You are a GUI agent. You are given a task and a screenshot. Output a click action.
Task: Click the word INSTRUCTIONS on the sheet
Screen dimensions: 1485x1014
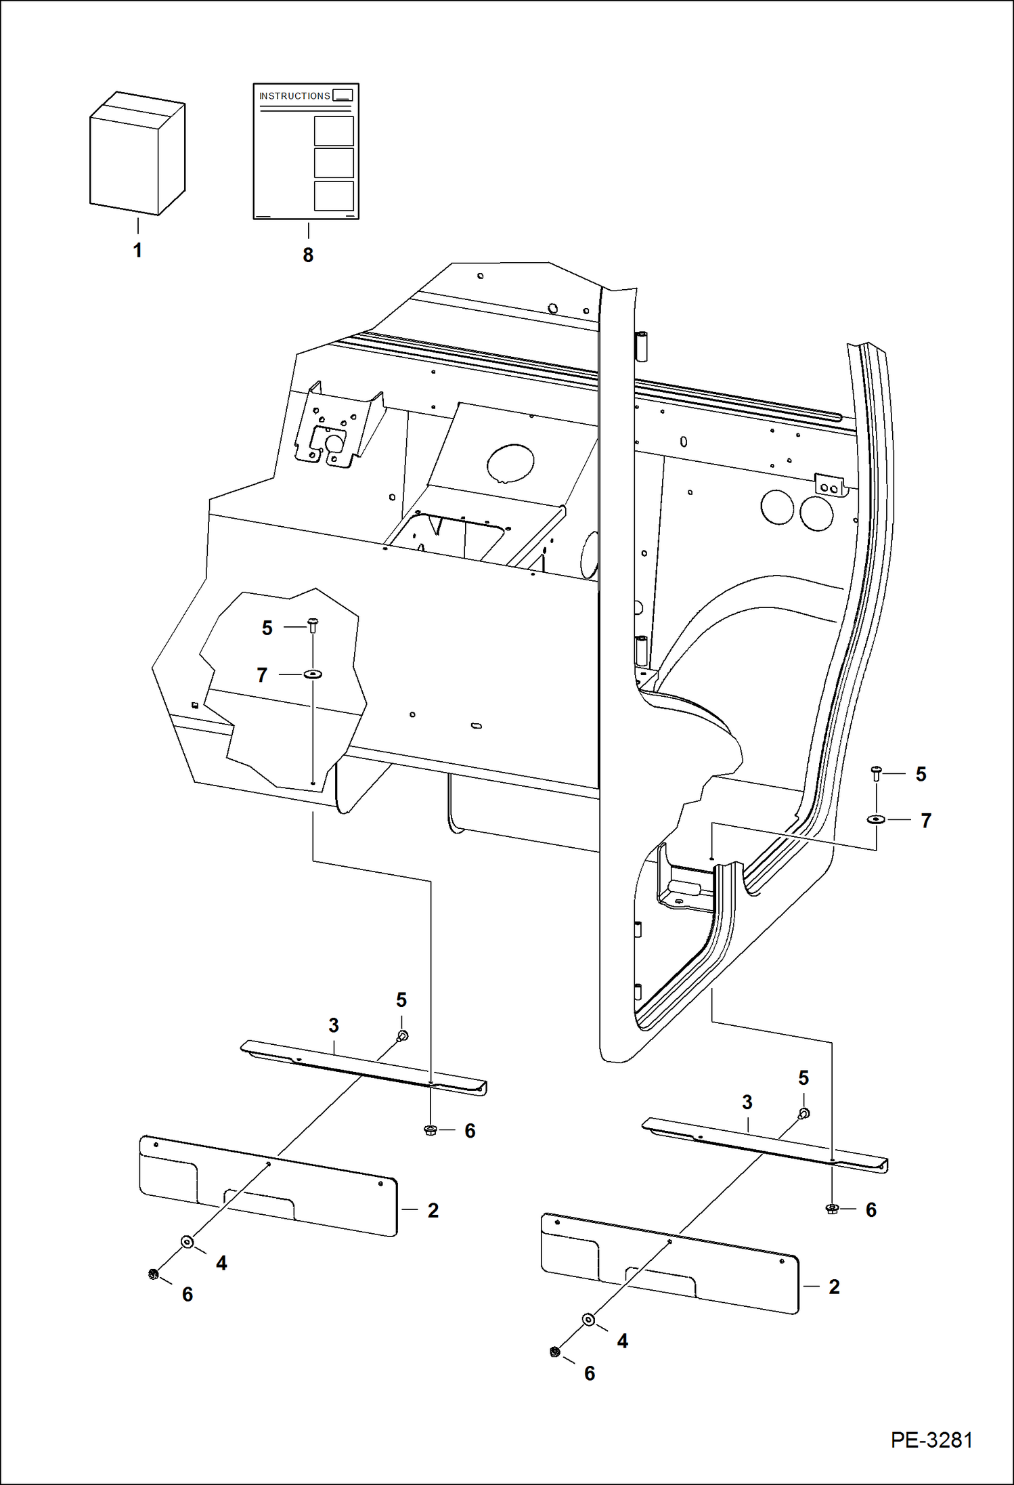click(294, 96)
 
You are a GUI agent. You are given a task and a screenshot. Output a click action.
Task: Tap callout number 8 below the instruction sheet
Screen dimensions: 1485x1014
click(308, 255)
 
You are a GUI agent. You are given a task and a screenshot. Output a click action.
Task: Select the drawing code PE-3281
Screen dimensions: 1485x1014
click(931, 1440)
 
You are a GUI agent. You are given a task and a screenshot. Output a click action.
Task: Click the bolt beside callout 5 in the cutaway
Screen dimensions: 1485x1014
click(313, 624)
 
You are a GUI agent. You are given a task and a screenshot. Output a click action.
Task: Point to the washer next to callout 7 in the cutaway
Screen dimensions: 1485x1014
click(313, 674)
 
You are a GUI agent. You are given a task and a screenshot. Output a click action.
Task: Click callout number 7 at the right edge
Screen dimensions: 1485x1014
click(926, 821)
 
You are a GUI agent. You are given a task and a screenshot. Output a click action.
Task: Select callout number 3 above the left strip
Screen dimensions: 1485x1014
click(334, 1026)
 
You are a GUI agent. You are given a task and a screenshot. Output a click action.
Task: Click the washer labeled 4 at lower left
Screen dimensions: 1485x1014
click(188, 1242)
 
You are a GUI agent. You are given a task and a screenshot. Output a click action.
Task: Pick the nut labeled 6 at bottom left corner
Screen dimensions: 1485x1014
click(153, 1274)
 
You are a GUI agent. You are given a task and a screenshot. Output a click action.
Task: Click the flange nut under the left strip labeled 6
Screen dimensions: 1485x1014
click(430, 1129)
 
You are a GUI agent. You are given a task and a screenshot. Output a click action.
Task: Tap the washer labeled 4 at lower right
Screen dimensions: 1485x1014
click(589, 1319)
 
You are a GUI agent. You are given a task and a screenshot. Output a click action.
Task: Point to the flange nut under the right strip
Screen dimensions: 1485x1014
click(832, 1209)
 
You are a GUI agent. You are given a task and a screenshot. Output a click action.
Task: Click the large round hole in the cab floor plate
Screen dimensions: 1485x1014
click(510, 463)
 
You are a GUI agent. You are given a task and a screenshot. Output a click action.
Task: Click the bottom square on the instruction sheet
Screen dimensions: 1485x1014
click(334, 196)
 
